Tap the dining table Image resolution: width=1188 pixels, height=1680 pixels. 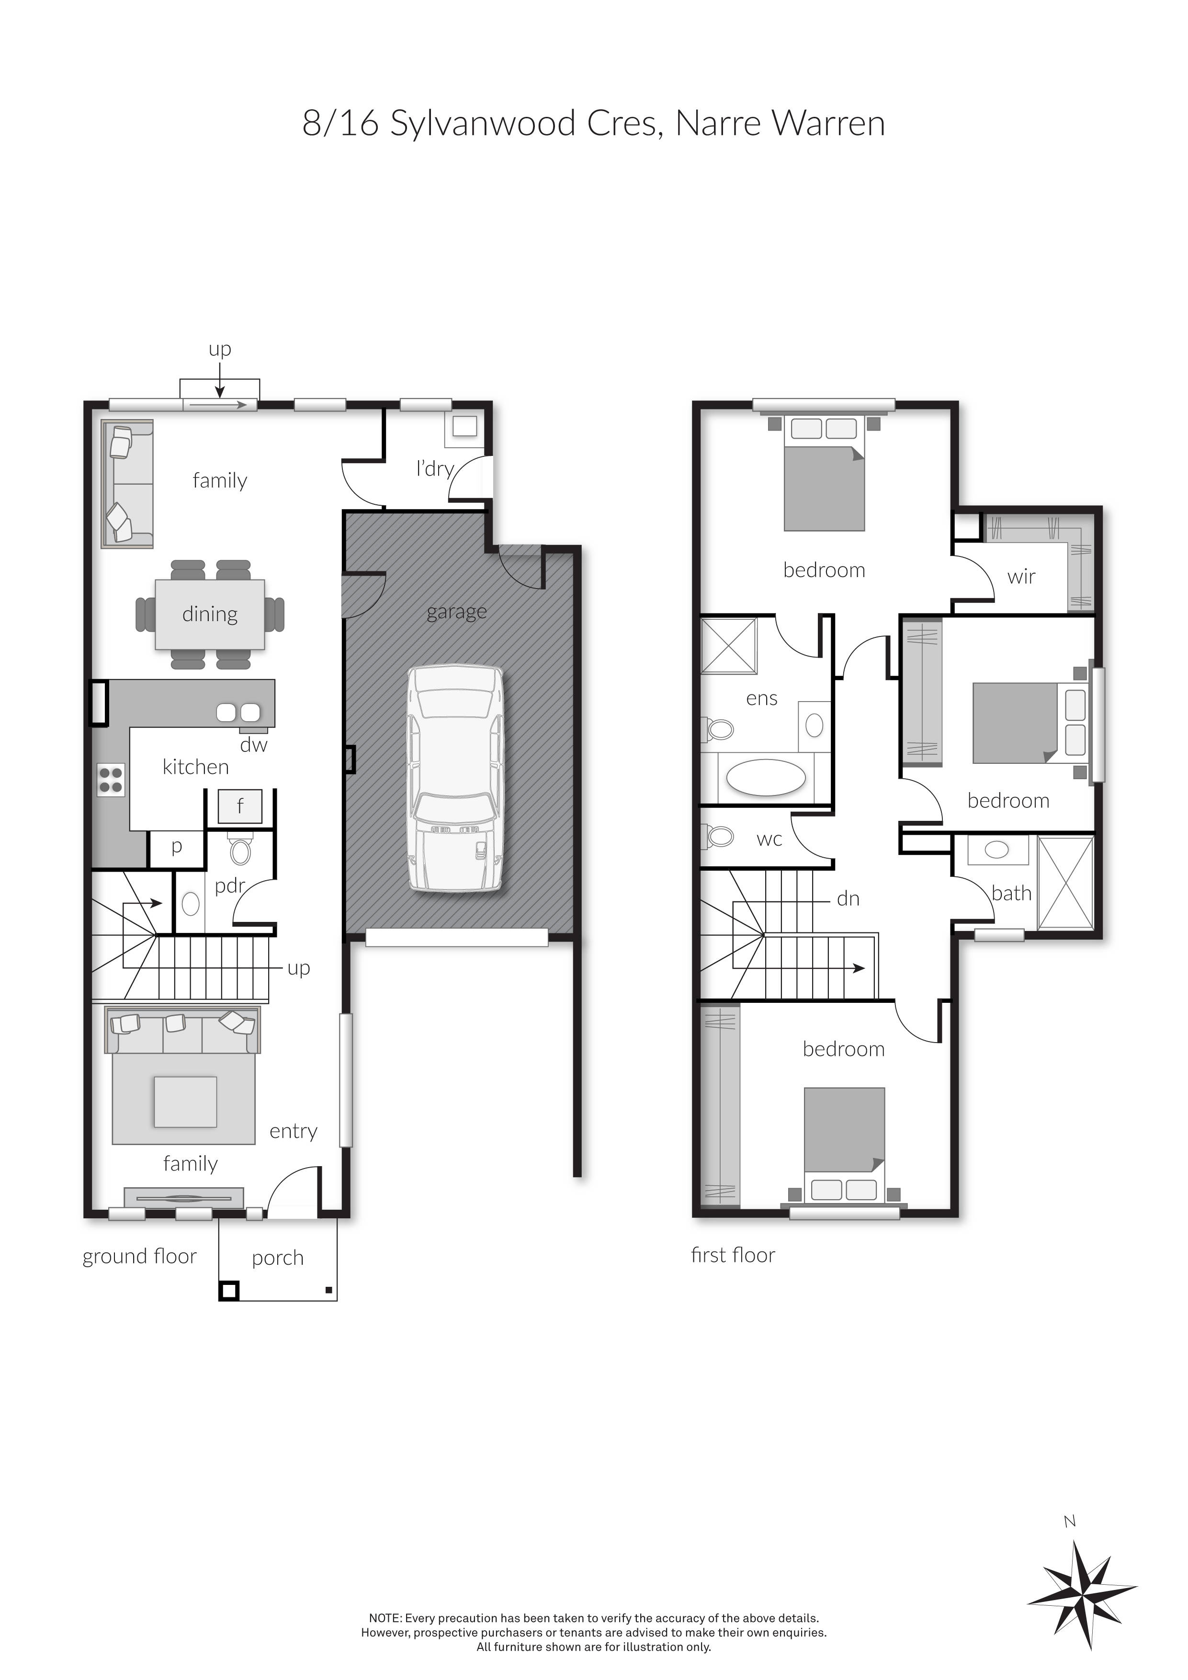210,614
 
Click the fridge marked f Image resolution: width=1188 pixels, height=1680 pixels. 240,806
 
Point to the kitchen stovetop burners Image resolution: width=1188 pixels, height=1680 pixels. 111,779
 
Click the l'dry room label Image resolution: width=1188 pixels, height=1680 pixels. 435,468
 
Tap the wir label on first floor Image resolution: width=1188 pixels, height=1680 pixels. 1021,577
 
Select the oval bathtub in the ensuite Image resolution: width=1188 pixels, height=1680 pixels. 766,778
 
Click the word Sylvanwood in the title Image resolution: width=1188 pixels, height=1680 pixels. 483,124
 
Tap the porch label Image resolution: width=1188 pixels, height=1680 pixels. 277,1258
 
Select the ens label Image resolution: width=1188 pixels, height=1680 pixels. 761,699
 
